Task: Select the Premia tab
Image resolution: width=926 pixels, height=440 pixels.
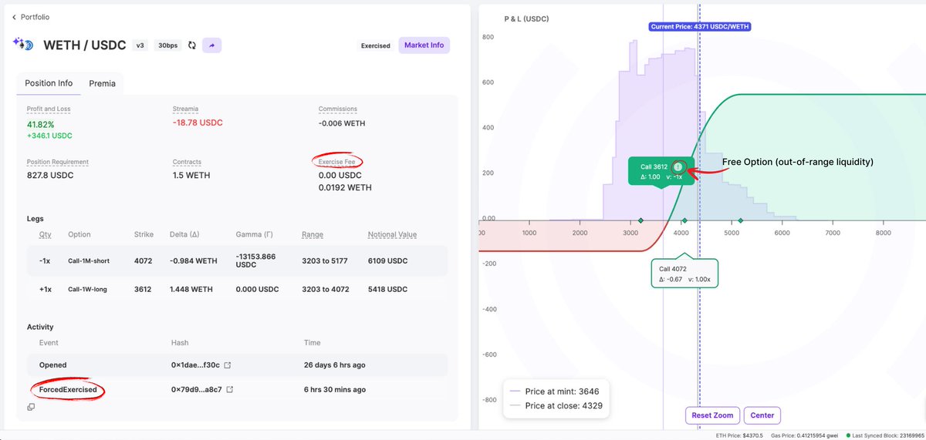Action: (x=102, y=83)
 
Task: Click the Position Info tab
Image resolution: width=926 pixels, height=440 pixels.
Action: (x=49, y=83)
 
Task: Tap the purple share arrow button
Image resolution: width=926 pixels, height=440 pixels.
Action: (x=212, y=45)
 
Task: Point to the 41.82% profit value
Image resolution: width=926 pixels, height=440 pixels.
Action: (x=40, y=124)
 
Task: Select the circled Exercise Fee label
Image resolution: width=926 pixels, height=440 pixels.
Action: (x=337, y=162)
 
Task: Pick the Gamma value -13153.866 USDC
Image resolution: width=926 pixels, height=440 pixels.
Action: (x=257, y=260)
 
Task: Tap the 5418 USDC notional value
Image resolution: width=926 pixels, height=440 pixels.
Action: (x=386, y=289)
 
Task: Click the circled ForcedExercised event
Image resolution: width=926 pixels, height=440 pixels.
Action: (x=68, y=390)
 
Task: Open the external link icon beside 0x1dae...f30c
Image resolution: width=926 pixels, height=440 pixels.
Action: (x=227, y=365)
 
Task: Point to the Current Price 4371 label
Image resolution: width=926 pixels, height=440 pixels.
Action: (x=700, y=26)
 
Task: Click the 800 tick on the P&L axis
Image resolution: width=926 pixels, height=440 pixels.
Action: (x=487, y=37)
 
